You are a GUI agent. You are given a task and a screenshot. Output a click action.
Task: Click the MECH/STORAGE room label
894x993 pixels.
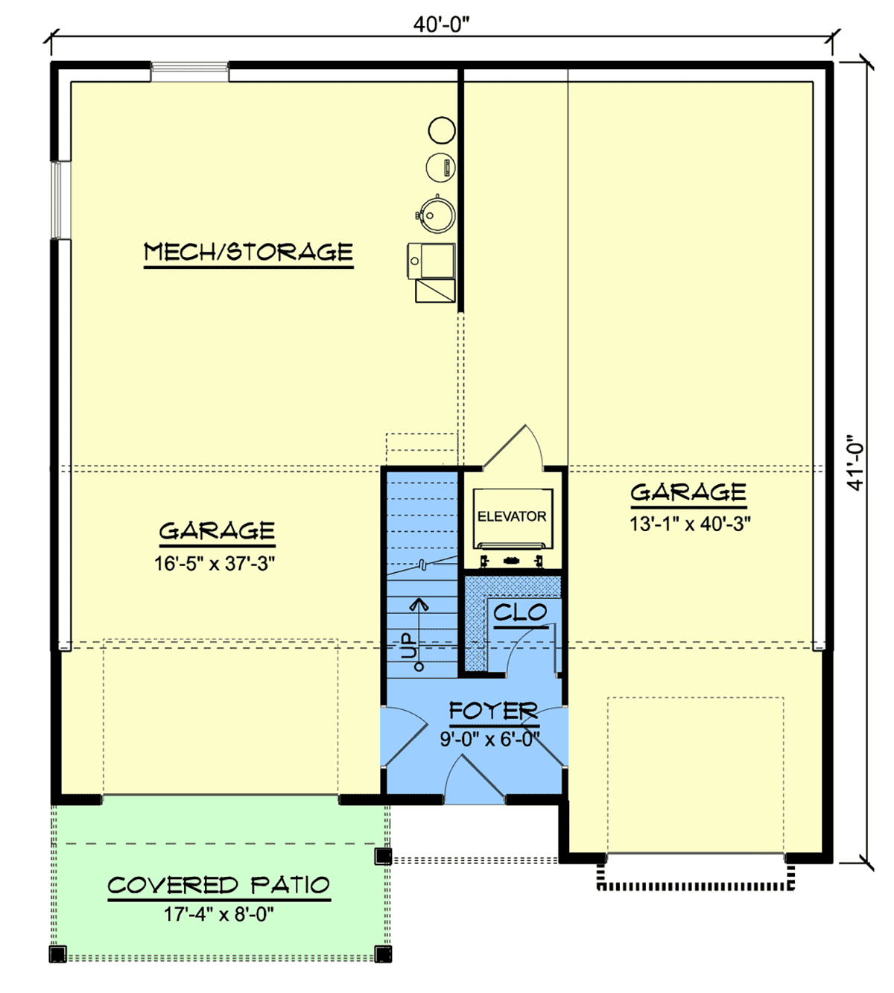[248, 252]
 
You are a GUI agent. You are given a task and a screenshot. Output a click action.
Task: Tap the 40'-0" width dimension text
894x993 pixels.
[441, 25]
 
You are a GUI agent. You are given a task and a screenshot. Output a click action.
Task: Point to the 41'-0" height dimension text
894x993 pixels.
[856, 463]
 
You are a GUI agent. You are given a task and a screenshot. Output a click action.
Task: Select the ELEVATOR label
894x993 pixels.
[512, 516]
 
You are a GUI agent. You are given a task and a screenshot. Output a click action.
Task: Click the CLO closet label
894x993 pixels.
[520, 613]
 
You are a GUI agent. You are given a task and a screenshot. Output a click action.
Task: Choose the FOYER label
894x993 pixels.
[492, 711]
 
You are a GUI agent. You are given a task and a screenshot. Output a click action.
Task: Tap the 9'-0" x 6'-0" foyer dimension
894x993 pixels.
[489, 740]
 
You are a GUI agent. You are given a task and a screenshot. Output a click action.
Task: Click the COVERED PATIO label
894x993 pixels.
[218, 886]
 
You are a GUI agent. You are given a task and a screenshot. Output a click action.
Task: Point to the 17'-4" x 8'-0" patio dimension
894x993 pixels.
[219, 914]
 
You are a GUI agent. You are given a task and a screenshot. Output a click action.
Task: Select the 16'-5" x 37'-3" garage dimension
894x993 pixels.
[215, 563]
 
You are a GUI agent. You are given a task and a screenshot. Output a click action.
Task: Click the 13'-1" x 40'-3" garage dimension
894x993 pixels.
[690, 524]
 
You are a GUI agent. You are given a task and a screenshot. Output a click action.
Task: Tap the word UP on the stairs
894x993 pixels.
[409, 646]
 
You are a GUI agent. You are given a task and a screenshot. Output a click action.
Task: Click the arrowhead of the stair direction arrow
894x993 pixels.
[419, 603]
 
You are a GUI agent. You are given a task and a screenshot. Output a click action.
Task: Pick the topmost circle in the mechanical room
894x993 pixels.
[441, 130]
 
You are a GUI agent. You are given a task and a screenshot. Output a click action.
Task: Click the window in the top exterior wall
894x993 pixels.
[190, 72]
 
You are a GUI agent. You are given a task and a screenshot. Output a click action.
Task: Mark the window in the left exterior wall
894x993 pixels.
[61, 200]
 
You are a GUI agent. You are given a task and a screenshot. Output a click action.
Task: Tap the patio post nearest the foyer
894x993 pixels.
[383, 857]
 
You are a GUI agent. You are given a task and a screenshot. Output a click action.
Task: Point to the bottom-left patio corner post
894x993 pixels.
[58, 954]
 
